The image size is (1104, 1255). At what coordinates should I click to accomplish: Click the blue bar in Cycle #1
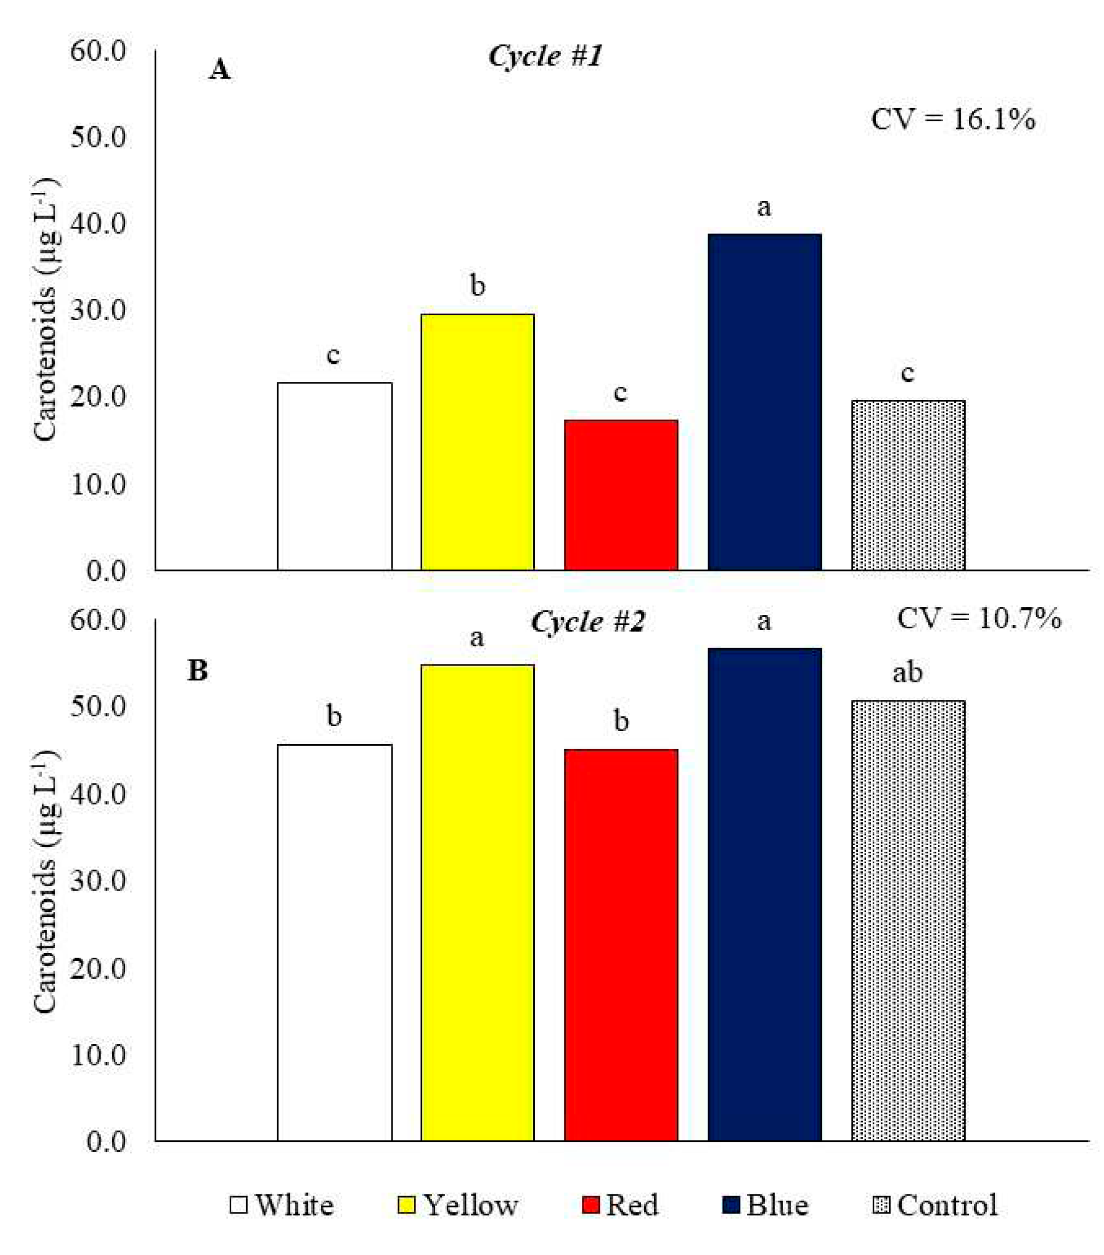(764, 402)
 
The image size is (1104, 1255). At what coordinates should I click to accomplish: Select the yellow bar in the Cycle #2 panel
(477, 903)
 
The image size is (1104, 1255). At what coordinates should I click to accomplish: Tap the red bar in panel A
(621, 495)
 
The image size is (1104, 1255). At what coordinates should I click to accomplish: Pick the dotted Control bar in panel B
(907, 921)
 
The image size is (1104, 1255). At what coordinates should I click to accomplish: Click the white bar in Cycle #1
(334, 476)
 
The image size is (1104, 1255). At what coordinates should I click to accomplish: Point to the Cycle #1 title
(545, 56)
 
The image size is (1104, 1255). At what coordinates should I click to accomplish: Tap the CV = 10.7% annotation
(979, 618)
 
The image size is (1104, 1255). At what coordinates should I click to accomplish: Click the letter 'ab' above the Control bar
(907, 673)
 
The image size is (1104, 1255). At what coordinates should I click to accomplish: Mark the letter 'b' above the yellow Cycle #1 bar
(477, 286)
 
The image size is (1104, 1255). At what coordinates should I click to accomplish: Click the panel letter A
(220, 69)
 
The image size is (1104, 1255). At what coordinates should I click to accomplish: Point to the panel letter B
(198, 670)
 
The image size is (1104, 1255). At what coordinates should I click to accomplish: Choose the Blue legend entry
(765, 1205)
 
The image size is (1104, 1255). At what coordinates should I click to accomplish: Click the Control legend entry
(934, 1205)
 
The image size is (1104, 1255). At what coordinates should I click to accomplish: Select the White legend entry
(282, 1205)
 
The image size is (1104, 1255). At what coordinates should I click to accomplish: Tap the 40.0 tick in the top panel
(98, 224)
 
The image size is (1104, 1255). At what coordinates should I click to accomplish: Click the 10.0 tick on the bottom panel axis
(98, 1056)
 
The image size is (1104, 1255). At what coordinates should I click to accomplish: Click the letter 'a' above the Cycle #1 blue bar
(764, 208)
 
